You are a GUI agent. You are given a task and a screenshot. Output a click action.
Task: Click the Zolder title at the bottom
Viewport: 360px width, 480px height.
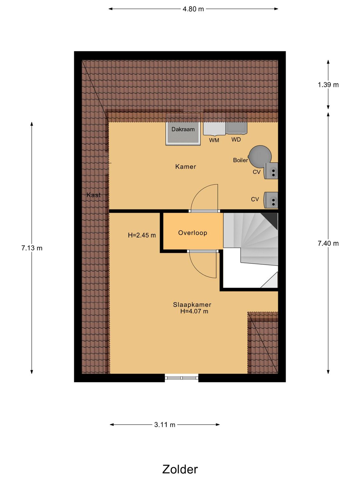pos(180,469)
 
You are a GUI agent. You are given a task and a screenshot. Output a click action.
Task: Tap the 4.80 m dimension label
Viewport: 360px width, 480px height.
pos(193,9)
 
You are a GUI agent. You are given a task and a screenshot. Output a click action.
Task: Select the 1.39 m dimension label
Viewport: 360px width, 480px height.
pos(328,85)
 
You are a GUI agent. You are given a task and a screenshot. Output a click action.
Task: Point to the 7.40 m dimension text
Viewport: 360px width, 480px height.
pos(328,243)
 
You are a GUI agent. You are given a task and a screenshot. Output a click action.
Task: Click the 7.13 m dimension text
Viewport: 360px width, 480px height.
pos(32,248)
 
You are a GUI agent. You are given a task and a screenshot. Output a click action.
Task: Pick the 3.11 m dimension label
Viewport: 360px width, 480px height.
pos(165,425)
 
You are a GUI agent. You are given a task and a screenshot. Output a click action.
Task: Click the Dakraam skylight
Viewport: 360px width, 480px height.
pos(183,133)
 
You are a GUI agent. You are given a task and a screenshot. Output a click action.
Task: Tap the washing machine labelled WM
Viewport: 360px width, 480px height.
pos(214,129)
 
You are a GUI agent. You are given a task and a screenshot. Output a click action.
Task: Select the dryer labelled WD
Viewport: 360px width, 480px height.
pos(236,128)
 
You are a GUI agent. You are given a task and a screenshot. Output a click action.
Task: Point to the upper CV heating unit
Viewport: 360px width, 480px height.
pos(271,171)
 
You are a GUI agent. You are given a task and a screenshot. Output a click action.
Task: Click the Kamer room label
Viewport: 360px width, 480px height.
pos(186,167)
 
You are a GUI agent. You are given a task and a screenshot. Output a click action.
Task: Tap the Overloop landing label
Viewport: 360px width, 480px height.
pos(193,233)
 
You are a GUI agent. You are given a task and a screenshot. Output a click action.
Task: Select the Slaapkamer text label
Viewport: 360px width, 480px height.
pos(192,304)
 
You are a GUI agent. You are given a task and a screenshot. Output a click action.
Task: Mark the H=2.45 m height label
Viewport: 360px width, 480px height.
pos(142,235)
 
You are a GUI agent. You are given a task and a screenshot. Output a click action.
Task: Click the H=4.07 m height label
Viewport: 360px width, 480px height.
pos(194,311)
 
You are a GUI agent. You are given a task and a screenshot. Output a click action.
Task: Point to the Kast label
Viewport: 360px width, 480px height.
pos(93,195)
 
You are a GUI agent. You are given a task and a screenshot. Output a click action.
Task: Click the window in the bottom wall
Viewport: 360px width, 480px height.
pos(182,378)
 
